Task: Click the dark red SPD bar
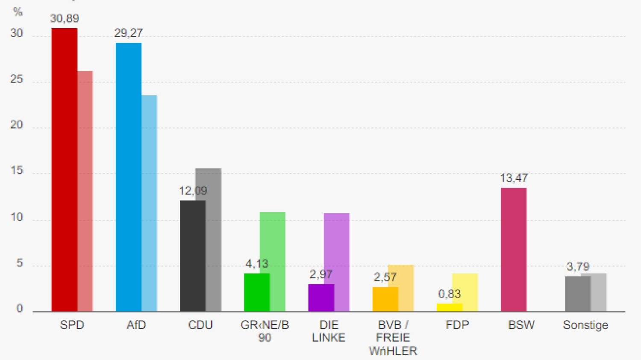[x=64, y=171]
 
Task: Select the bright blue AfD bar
[x=128, y=177]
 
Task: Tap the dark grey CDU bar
[x=192, y=257]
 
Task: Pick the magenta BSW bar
[x=514, y=250]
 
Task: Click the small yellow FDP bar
[x=449, y=307]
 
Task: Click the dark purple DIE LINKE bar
[x=321, y=298]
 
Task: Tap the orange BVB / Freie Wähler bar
[x=385, y=299]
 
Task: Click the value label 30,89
[x=65, y=18]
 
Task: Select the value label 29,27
[x=128, y=33]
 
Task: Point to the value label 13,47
[x=514, y=178]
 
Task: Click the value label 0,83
[x=449, y=294]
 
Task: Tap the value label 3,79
[x=578, y=266]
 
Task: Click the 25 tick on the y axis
[x=16, y=79]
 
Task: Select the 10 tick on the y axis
[x=16, y=217]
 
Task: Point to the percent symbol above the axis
[x=18, y=12]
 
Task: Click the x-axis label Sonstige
[x=585, y=325]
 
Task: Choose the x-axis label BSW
[x=521, y=325]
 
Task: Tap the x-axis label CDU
[x=200, y=325]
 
